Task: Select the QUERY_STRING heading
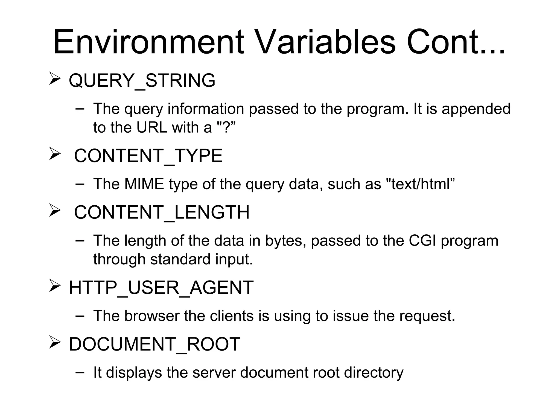[142, 81]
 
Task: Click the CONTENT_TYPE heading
[148, 156]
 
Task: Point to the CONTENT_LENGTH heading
[162, 212]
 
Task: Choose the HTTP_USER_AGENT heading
[161, 288]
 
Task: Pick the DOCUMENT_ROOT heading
[154, 344]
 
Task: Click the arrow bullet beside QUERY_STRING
[55, 78]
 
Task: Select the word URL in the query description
[152, 127]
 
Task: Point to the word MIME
[144, 184]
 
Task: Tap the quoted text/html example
[420, 184]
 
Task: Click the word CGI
[422, 241]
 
